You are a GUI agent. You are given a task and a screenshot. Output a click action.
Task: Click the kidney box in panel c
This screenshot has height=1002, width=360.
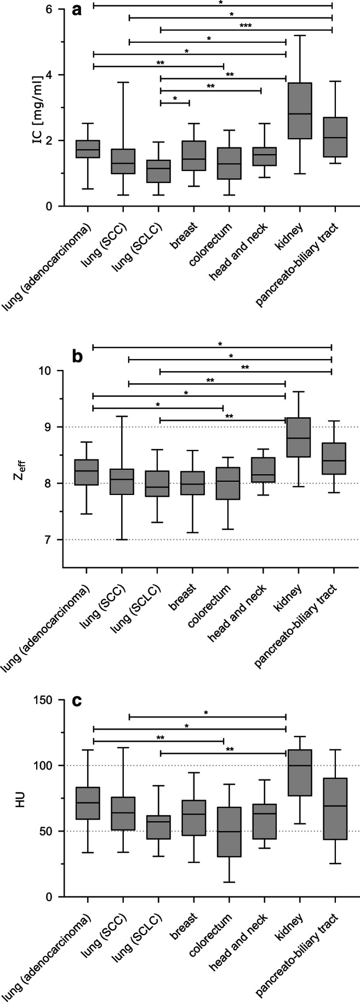point(300,772)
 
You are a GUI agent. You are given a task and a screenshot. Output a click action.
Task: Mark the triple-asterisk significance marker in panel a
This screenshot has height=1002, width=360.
point(245,25)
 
